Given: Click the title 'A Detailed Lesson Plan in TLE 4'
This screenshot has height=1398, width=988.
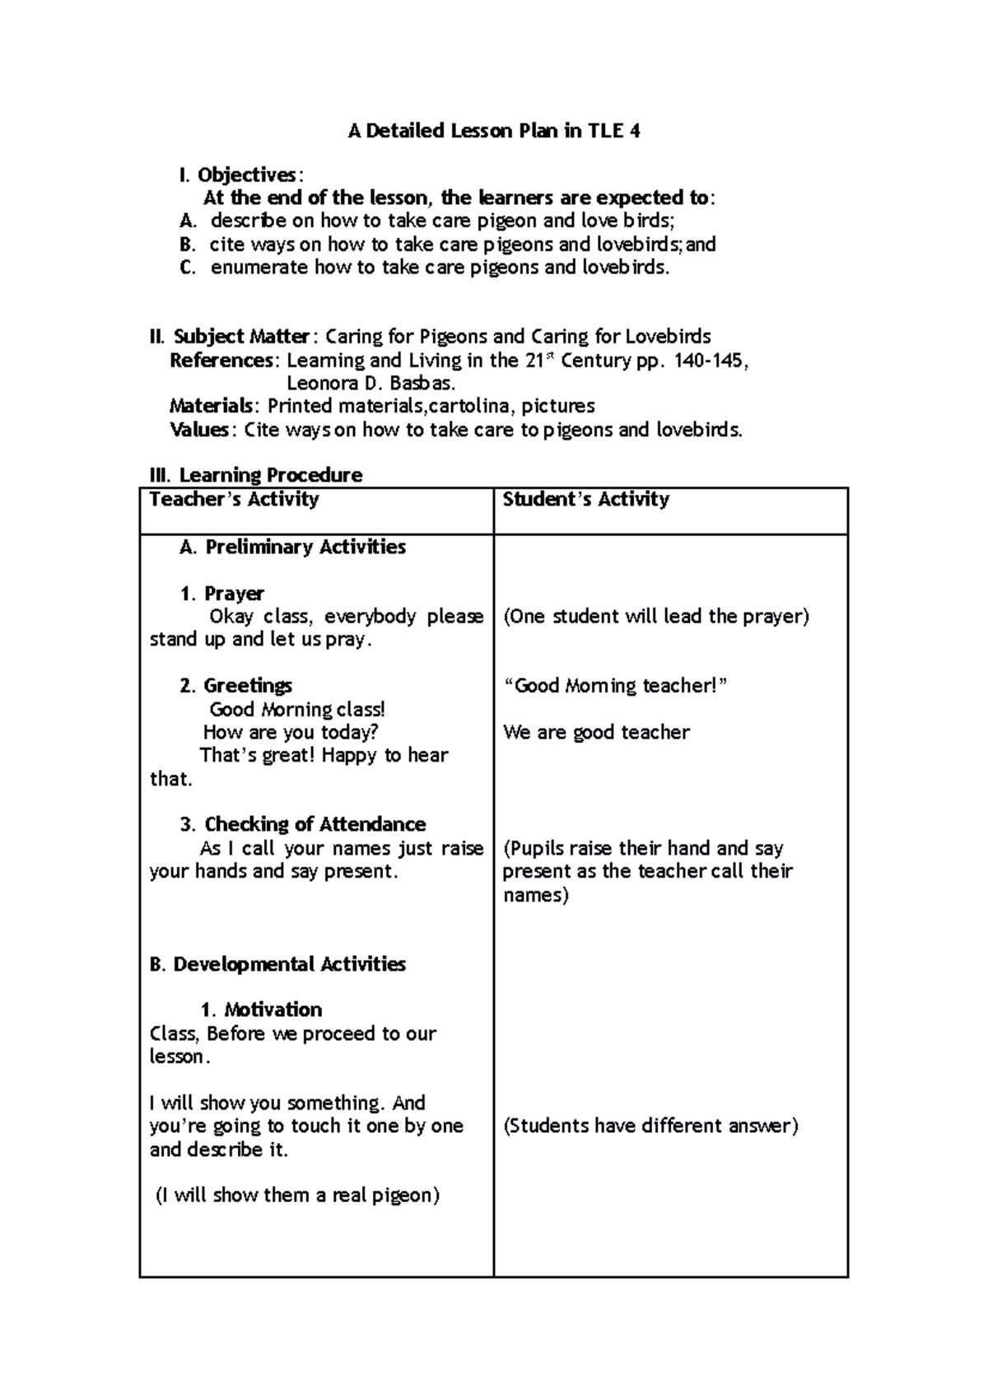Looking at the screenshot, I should point(493,131).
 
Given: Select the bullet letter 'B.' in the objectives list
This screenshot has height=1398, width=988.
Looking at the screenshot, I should point(189,245).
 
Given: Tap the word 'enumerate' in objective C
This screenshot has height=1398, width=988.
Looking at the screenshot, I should point(259,268).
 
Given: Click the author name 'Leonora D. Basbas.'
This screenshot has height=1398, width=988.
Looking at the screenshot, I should point(370,384).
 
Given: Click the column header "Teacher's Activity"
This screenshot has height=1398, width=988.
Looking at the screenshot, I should point(234,499).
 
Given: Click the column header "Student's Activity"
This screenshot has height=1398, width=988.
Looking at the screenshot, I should point(585,499).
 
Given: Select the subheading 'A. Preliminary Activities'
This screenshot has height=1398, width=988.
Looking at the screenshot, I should point(292,547).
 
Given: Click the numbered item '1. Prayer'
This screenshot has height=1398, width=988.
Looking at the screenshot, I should point(222,594).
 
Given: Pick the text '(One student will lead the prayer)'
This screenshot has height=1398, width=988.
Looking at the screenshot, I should point(656,617).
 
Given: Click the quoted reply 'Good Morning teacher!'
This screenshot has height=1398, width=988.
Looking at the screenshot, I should point(616,686).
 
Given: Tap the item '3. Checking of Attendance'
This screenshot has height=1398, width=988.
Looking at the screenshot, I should point(303,824).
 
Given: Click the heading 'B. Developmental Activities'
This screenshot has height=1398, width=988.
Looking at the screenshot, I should point(277,964).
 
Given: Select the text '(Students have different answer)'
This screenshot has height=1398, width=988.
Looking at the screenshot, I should point(650,1125).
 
